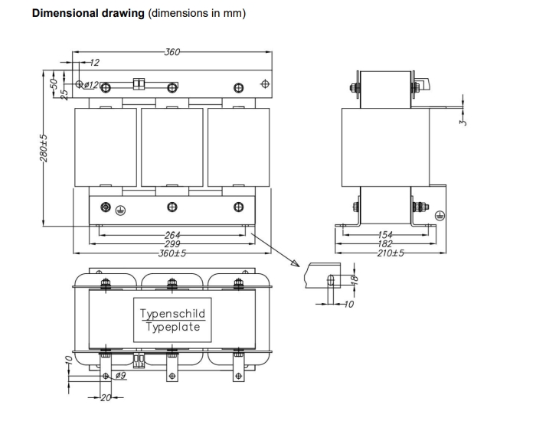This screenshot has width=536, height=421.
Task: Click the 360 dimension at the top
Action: pos(172,51)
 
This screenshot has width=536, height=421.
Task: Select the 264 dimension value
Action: pos(172,236)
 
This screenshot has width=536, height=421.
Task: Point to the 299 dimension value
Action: pos(172,244)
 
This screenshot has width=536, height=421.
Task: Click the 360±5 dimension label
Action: pos(172,253)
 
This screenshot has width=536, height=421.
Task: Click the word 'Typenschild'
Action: pos(173,314)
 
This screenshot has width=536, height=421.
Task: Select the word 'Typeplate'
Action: pos(173,327)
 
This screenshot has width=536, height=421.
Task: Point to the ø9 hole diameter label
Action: pos(119,375)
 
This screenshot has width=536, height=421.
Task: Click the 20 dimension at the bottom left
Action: pos(106,397)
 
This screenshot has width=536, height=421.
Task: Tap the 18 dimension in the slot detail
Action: pos(354,281)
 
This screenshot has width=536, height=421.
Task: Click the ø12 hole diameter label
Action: pos(90,85)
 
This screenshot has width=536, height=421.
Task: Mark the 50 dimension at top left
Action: pos(54,81)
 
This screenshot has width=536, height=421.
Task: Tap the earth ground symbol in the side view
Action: pos(440,216)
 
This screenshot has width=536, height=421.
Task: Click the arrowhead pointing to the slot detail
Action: pos(294,264)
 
